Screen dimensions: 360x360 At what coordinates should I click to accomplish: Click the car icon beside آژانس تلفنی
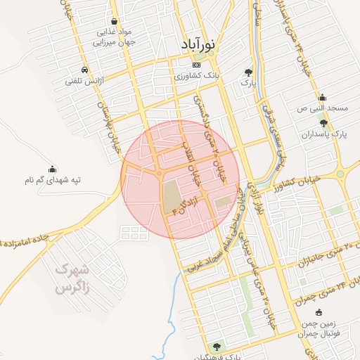(84, 70)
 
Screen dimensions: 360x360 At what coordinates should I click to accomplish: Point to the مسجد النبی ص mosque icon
(322, 98)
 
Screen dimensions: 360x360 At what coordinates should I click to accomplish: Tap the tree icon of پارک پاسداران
(323, 122)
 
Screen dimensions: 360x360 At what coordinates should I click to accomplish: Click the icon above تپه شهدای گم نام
(52, 169)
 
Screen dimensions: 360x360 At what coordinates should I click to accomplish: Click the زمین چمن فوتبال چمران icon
(319, 312)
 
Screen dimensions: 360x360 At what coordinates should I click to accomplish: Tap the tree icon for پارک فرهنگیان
(217, 346)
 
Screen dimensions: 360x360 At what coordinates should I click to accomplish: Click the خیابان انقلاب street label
(192, 169)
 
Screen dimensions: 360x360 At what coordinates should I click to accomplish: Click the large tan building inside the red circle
(171, 196)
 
